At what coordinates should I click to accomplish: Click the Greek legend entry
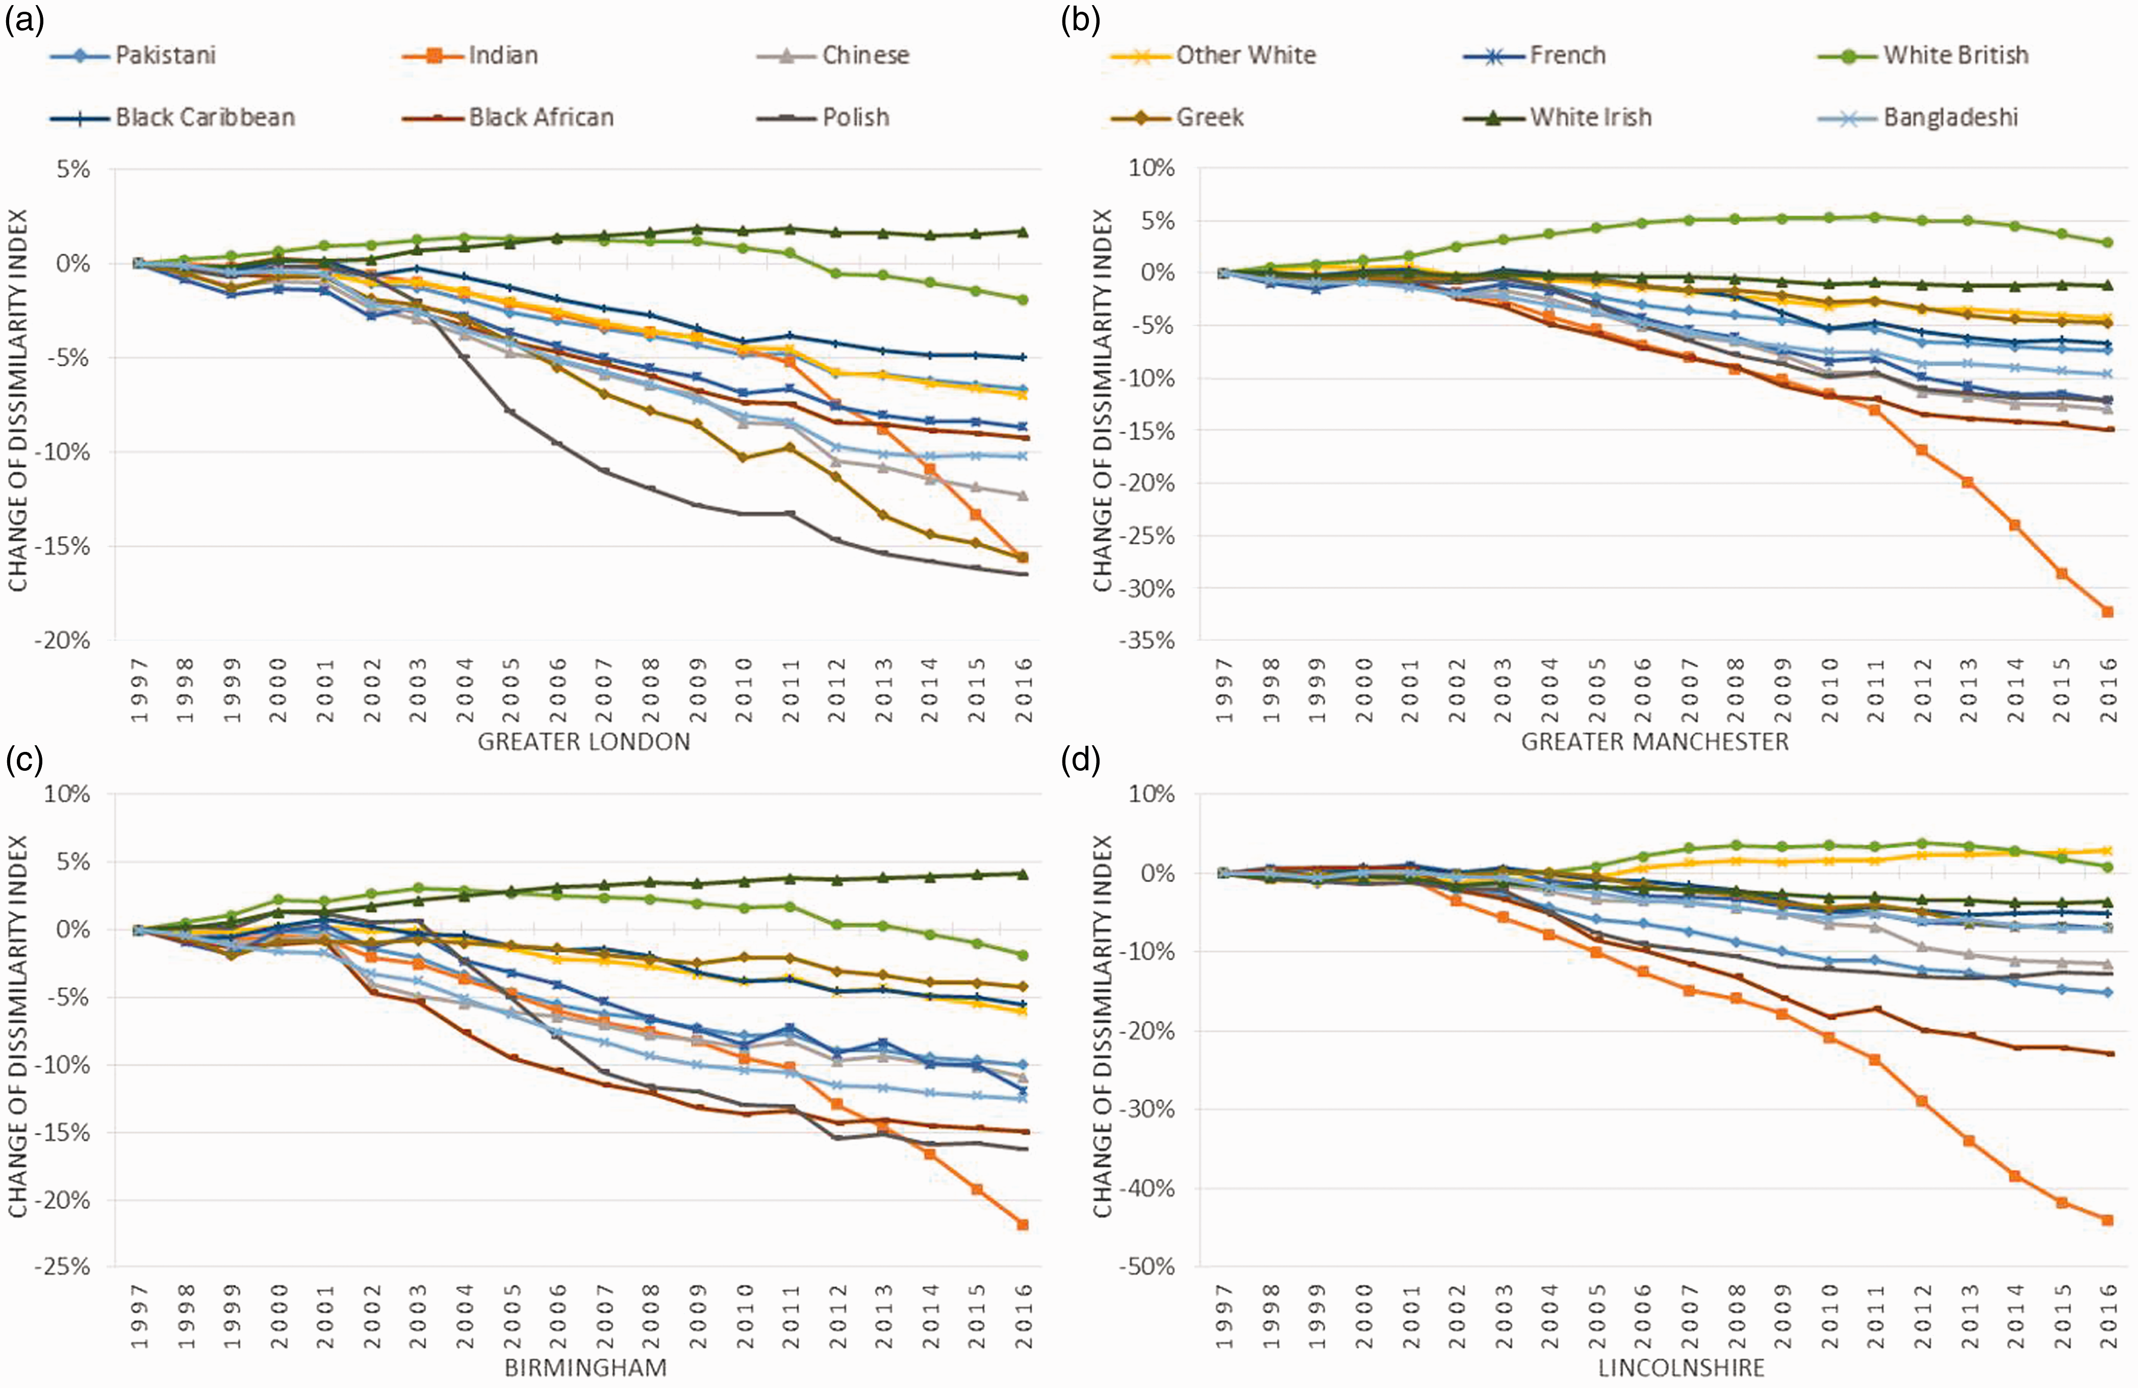click(x=1177, y=117)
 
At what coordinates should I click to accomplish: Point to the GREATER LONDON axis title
click(x=584, y=742)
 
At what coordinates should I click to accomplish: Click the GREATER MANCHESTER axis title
click(x=1655, y=742)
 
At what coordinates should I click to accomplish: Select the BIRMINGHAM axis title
click(x=586, y=1367)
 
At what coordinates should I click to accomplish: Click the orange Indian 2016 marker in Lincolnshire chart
click(x=2107, y=1220)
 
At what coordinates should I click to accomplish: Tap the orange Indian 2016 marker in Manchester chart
click(x=2107, y=612)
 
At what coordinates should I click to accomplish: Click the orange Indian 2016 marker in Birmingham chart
click(x=1022, y=1224)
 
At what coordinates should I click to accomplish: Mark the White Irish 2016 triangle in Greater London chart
click(x=1022, y=232)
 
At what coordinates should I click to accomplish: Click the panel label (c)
click(x=25, y=760)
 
